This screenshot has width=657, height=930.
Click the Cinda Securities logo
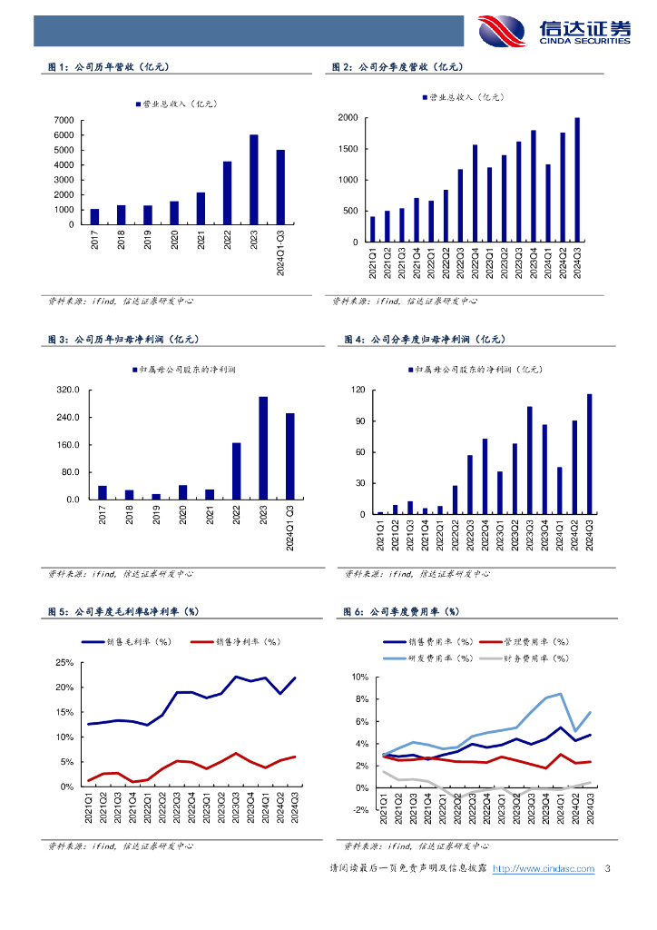(x=553, y=31)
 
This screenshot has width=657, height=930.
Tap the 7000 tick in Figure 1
(x=64, y=120)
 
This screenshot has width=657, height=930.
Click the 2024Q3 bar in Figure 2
(x=577, y=180)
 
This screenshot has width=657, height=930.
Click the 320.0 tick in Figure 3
(x=69, y=391)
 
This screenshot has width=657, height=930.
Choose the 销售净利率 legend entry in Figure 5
(x=240, y=642)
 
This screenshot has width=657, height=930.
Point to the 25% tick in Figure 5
(x=64, y=663)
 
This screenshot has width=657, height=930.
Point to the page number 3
(x=607, y=869)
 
